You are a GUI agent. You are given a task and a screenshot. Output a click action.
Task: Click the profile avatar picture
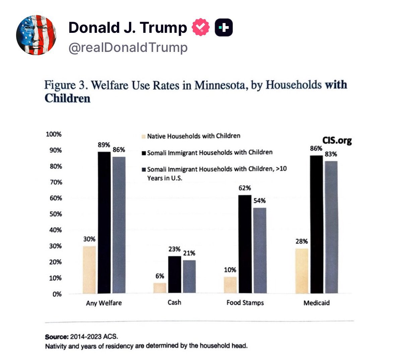point(36,35)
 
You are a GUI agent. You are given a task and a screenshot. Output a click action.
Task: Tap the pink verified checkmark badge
point(201,28)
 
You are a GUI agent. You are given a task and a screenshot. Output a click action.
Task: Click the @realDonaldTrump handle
point(128,48)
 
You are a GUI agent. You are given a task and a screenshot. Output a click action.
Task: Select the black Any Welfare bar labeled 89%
point(104,222)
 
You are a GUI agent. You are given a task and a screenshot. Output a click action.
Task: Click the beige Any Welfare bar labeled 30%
point(89,270)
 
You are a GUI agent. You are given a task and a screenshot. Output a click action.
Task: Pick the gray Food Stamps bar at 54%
point(260,250)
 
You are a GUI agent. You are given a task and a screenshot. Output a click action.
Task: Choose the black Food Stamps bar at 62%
point(245,244)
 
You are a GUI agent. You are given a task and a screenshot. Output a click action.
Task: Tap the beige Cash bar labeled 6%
point(160,288)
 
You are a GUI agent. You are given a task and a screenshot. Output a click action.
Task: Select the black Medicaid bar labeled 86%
point(317,224)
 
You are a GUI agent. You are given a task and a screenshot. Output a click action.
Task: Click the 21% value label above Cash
point(189,253)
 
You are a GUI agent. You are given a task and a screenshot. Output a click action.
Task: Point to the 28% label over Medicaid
point(302,241)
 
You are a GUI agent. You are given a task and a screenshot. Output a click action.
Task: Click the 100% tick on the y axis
point(54,134)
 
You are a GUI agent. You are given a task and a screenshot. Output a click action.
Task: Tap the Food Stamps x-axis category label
point(245,303)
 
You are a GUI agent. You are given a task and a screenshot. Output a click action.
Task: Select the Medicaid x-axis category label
point(317,303)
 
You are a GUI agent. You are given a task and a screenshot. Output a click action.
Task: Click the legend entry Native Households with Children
point(193,136)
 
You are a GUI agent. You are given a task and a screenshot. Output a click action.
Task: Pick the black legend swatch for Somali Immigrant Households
point(144,153)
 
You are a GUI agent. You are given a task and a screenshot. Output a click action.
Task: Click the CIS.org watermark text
point(337,140)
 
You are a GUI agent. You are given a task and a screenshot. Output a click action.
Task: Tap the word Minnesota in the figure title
point(220,85)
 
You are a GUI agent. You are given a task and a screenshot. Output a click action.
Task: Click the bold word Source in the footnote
point(56,337)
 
